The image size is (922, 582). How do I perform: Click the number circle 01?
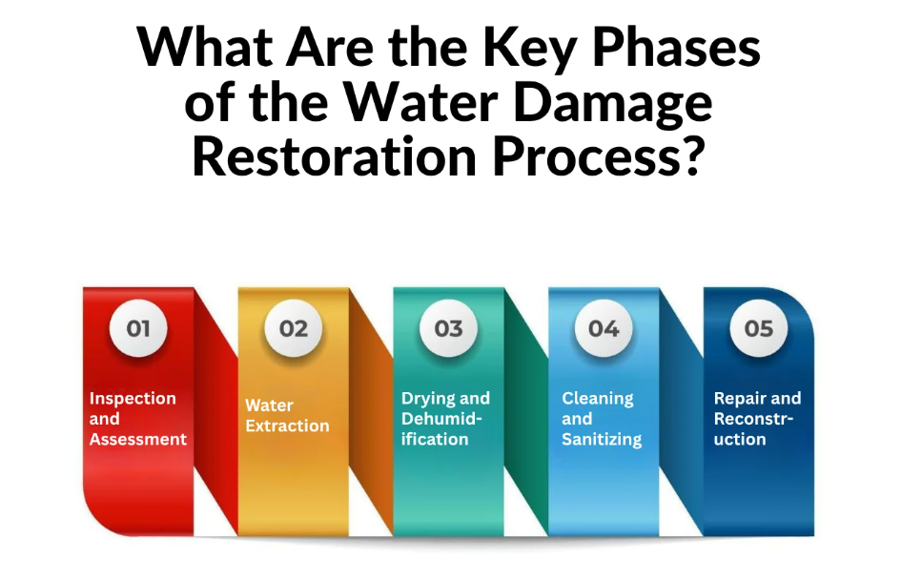coord(138,329)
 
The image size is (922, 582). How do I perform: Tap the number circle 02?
coord(294,329)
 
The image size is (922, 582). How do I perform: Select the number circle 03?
coord(448,329)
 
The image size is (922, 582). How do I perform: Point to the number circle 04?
coord(604,329)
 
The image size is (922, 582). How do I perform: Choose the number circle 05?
coord(758,329)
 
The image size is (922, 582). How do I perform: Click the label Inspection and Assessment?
coord(138,419)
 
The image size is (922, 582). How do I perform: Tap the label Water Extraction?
coord(287,416)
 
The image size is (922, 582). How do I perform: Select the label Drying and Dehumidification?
coord(445,419)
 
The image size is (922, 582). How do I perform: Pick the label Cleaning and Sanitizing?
coord(601,419)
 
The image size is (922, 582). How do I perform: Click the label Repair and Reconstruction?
coord(757,419)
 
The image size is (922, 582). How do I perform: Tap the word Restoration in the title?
coord(336,156)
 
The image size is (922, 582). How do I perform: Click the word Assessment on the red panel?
coord(138,440)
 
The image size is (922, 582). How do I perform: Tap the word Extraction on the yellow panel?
coord(287,426)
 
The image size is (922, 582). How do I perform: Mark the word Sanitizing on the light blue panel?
coord(601,440)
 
